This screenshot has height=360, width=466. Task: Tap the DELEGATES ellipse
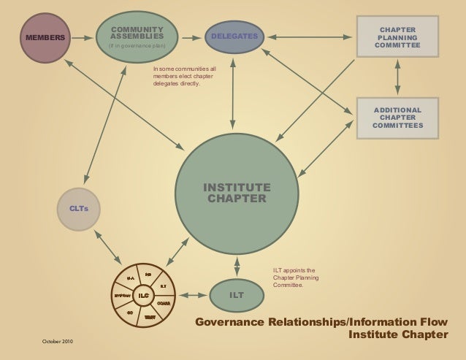(234, 37)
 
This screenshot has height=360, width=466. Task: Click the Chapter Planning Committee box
(397, 37)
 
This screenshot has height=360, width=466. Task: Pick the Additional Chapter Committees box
(397, 118)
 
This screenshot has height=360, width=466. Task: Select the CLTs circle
(79, 208)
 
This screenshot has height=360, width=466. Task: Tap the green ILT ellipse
(236, 295)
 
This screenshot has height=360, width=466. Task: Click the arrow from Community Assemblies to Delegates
(191, 37)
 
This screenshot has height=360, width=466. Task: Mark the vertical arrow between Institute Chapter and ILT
(237, 267)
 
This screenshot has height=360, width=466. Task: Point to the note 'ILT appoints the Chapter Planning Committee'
(294, 277)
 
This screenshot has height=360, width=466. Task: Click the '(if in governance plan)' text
(137, 47)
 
